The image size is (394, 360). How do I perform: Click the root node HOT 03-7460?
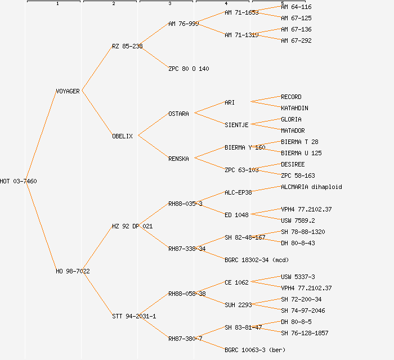click(19, 181)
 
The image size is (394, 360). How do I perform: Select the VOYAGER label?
click(68, 91)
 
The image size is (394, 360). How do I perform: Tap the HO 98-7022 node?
click(73, 271)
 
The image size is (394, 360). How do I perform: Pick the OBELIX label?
click(122, 136)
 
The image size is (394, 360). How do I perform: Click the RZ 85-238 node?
click(127, 46)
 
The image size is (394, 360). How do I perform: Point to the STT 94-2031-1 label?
click(134, 316)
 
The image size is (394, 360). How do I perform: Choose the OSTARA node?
click(178, 114)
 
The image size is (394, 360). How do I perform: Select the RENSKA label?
click(178, 159)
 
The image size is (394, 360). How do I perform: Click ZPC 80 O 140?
click(189, 69)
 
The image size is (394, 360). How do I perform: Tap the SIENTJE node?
click(236, 125)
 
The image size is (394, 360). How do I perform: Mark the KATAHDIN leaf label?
click(294, 108)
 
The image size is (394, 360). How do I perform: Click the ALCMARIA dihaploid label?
click(311, 187)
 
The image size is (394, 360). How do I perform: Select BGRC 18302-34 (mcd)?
click(256, 260)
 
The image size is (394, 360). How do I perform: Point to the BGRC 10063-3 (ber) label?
click(255, 350)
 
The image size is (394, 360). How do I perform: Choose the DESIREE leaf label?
click(293, 164)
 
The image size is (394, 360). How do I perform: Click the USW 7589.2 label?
click(298, 220)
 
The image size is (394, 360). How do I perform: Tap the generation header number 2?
click(113, 4)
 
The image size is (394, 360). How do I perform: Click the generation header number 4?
click(226, 4)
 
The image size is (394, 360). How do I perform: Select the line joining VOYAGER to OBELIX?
click(97, 113)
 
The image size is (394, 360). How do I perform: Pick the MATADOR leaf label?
click(293, 130)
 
